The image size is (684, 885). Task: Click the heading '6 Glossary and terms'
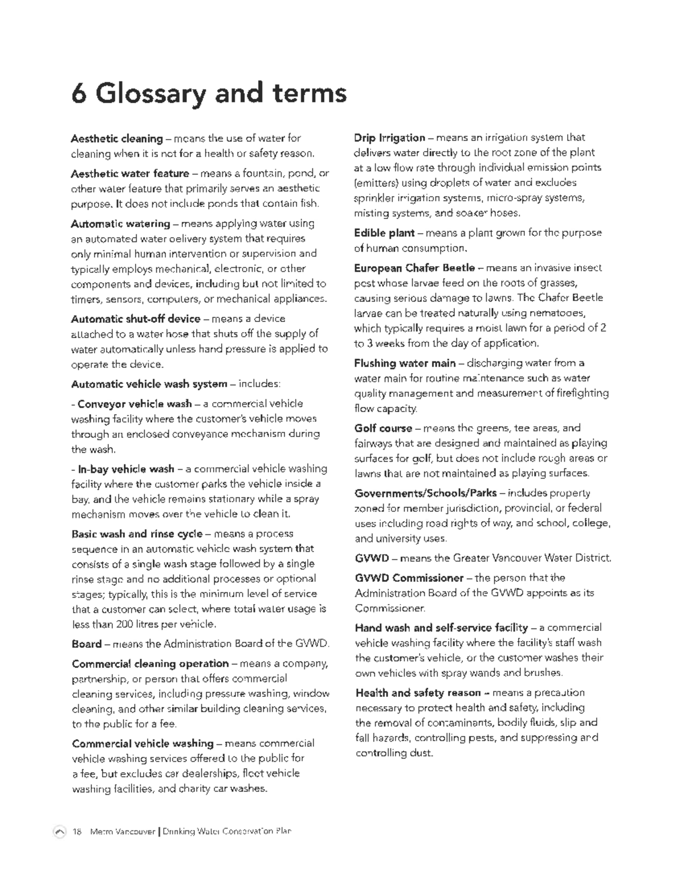209,93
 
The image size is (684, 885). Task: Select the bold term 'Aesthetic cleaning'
117,138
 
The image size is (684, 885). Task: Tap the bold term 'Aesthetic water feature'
130,173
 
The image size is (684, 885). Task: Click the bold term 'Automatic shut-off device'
136,319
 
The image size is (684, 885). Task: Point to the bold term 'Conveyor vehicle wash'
135,404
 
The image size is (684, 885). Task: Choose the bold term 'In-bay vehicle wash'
126,469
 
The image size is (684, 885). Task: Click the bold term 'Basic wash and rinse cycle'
137,534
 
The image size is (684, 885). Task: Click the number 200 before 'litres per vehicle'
125,624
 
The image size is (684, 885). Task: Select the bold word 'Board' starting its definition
87,644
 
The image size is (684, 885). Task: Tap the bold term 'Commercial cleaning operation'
150,664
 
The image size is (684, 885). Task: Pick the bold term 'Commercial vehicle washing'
142,744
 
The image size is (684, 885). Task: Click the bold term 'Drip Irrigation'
389,138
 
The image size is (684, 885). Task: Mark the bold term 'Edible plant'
384,233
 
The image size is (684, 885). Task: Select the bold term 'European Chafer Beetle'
414,268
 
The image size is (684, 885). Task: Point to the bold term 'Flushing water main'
405,363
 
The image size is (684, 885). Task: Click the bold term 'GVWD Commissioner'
409,578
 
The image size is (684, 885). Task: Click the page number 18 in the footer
77,831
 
